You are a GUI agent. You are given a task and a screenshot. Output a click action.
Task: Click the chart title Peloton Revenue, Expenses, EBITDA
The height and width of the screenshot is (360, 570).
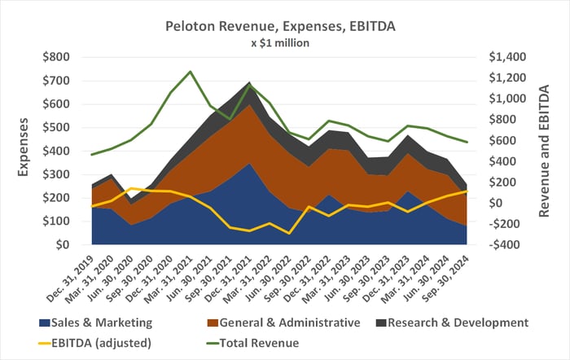click(x=284, y=26)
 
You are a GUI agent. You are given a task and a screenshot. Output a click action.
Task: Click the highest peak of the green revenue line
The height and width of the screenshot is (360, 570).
click(x=191, y=72)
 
